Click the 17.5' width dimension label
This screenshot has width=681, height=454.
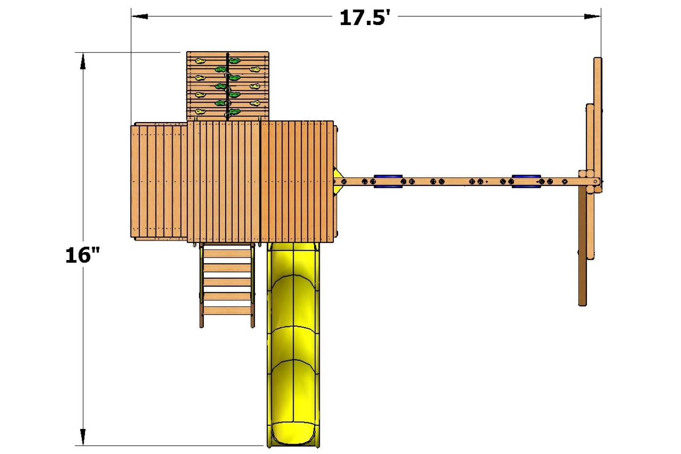(365, 18)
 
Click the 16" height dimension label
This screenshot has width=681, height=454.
(83, 255)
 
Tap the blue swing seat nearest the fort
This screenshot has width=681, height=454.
(388, 181)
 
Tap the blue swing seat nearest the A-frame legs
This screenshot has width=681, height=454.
(526, 181)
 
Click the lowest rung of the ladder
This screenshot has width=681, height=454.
(227, 311)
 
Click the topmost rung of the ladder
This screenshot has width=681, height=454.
(227, 253)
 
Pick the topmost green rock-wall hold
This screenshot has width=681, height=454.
(235, 61)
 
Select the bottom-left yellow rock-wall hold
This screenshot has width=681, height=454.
(200, 112)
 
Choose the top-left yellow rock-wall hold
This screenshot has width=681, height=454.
(200, 61)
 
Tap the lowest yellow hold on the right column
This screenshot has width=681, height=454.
(255, 103)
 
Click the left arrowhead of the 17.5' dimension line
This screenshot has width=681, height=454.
(140, 16)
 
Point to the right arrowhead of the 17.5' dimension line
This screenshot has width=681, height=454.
(592, 16)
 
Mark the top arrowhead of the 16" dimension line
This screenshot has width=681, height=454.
(83, 61)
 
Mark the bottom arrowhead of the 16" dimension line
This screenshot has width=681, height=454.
(83, 437)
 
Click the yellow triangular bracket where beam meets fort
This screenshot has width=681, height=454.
(338, 182)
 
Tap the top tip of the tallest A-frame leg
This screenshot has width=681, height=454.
(598, 60)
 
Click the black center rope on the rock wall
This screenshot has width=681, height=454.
(227, 85)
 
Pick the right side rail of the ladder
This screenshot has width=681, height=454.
(253, 286)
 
